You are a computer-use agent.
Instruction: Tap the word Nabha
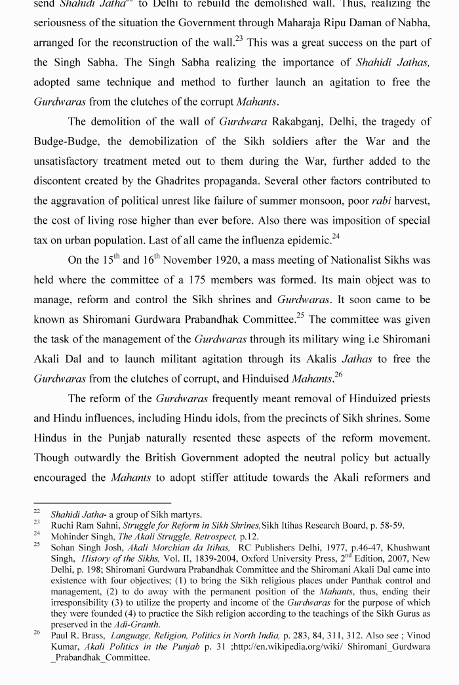[415, 23]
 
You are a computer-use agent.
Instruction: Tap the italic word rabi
[381, 200]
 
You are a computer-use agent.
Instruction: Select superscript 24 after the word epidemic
[336, 236]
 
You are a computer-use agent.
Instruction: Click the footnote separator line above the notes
[102, 503]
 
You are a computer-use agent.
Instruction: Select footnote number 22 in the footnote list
[37, 512]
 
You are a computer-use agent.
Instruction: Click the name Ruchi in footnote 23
[63, 525]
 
